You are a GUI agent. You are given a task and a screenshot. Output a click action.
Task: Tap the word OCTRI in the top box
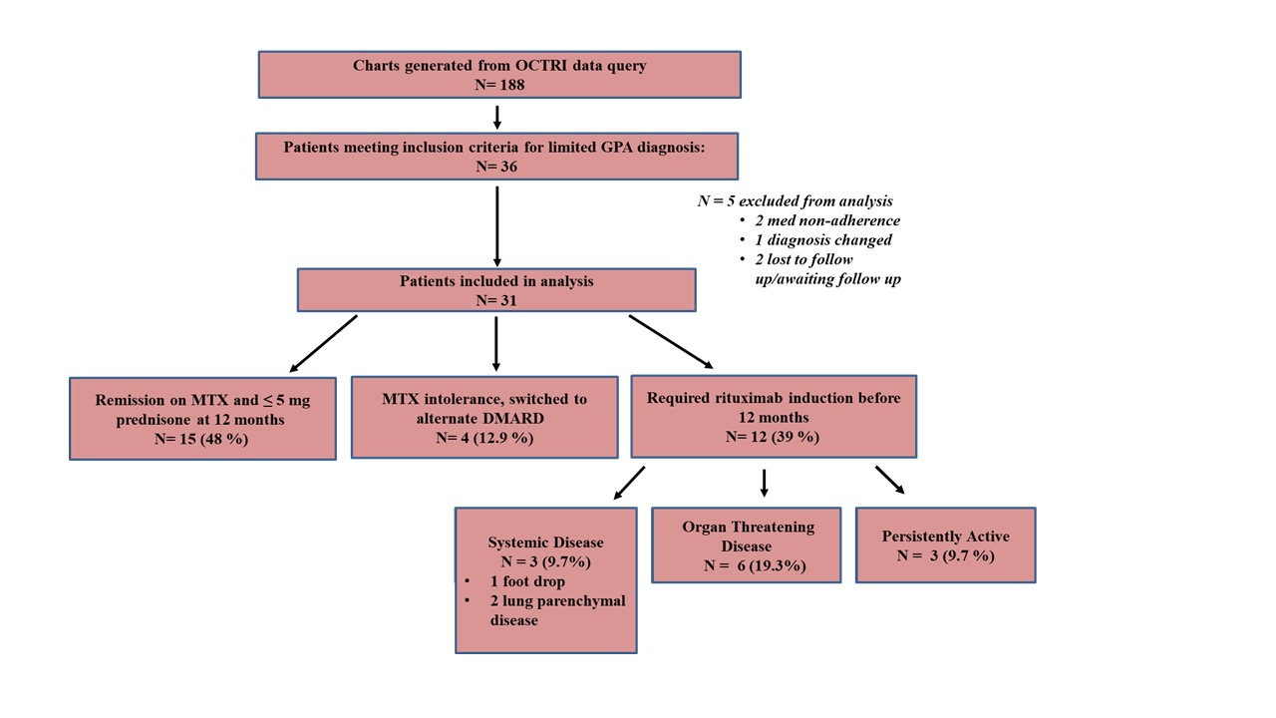(541, 65)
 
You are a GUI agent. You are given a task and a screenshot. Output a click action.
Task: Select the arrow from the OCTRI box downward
(497, 118)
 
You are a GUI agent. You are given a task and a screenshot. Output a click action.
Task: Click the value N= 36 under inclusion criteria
(496, 167)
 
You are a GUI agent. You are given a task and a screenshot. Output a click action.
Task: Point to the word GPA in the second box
(617, 147)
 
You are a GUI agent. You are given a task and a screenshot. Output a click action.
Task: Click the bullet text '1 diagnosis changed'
(823, 240)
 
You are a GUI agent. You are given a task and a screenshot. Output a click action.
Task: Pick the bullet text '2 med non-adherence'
(827, 220)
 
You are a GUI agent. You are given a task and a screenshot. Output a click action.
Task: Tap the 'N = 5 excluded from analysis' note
(796, 201)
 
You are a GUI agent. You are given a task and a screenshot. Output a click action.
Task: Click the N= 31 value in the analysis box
(496, 300)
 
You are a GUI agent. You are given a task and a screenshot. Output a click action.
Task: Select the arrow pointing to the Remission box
(323, 344)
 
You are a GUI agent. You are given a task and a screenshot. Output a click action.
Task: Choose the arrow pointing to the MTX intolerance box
(496, 344)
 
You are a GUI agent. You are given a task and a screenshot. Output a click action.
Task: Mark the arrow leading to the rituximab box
(671, 342)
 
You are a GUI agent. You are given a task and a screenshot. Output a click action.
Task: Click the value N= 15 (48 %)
(201, 439)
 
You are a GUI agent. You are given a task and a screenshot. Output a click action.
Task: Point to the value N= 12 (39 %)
(773, 437)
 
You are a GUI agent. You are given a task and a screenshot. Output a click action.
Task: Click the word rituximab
(750, 398)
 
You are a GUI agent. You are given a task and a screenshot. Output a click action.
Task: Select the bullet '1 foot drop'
(527, 581)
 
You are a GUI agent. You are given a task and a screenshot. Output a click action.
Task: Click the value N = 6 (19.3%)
(755, 565)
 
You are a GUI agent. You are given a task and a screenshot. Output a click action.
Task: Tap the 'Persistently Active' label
(946, 537)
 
